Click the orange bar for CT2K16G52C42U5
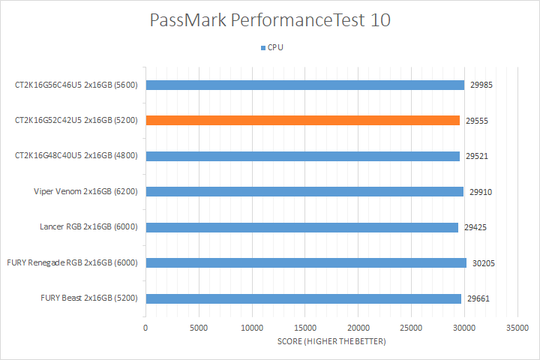[302, 120]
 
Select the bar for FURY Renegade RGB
[306, 262]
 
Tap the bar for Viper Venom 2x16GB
[304, 191]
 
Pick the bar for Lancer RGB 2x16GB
[301, 227]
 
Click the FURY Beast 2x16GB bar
[303, 298]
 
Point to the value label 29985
[481, 85]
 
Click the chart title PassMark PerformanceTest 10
[270, 21]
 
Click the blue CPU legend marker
[262, 47]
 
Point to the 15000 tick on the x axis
[304, 328]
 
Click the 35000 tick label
[517, 328]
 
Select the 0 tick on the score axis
[145, 328]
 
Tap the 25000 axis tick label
[411, 328]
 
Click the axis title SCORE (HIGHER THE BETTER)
[331, 342]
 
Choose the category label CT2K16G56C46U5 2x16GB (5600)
[76, 85]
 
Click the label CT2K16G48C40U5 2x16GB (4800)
[76, 156]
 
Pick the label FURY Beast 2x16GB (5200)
[88, 298]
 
